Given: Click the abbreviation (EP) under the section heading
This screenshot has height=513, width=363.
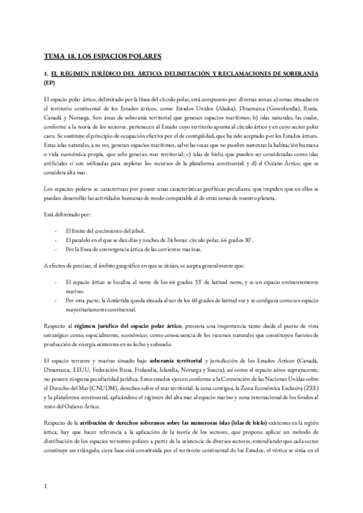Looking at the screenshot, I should (50, 82).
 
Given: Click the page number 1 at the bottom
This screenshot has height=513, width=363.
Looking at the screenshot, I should (46, 486).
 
